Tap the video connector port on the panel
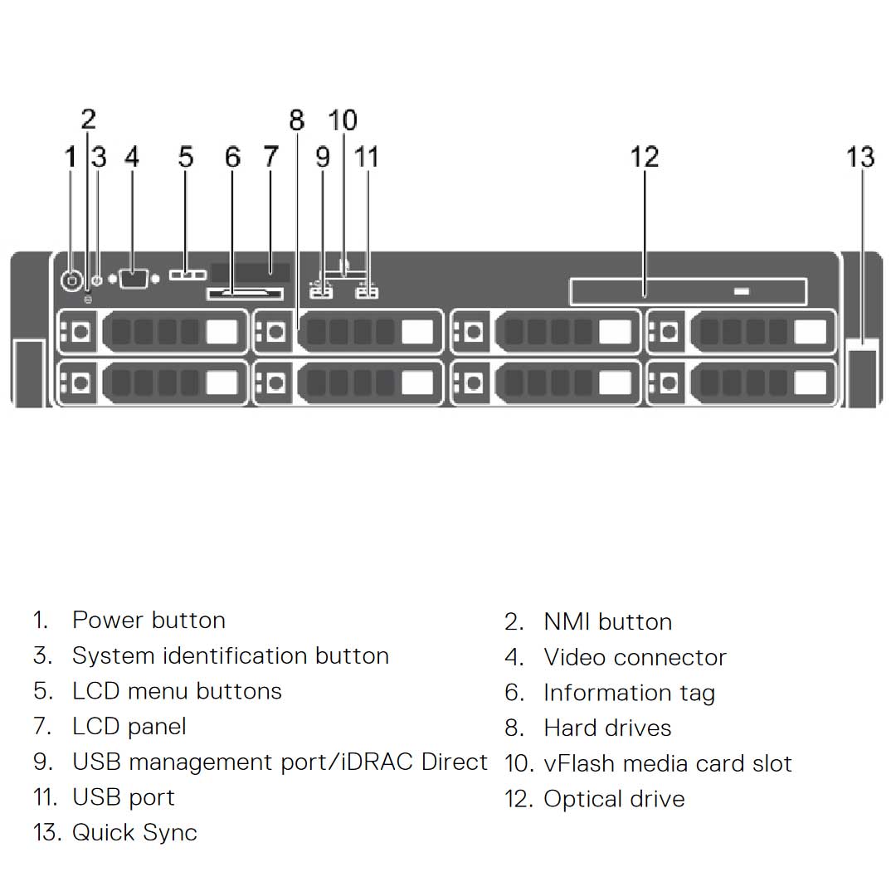tap(133, 279)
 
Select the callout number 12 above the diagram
tap(645, 157)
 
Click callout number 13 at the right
tap(860, 157)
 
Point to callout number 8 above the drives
tap(297, 121)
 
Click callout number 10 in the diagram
tap(343, 121)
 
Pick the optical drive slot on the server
tap(688, 292)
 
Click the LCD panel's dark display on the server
tap(250, 273)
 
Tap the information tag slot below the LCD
tap(244, 294)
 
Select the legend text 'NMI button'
tap(607, 622)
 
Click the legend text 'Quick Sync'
tap(134, 833)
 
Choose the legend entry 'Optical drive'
tap(614, 799)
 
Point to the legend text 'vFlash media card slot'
tap(668, 763)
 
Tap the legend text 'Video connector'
tap(635, 658)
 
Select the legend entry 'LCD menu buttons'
tap(177, 691)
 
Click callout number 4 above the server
tap(132, 157)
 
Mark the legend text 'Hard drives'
tap(607, 728)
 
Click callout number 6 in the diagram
tap(233, 157)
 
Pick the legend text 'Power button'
tap(149, 621)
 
